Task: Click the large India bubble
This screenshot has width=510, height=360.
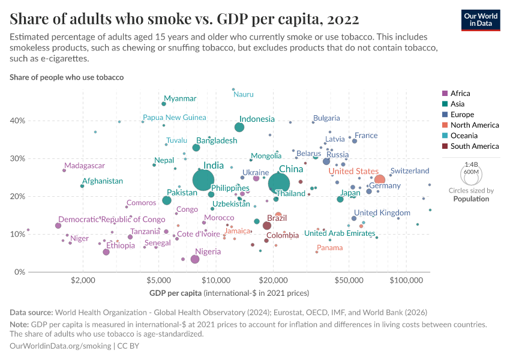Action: click(x=205, y=179)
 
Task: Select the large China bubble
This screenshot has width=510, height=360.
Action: click(x=280, y=184)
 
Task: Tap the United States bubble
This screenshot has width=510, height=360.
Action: click(x=379, y=179)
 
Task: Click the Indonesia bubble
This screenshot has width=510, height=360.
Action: click(x=239, y=127)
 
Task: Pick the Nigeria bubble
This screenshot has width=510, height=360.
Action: click(x=195, y=259)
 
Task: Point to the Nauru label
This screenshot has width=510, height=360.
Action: click(x=244, y=94)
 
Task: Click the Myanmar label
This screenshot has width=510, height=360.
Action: click(x=180, y=98)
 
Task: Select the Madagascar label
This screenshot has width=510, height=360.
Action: click(x=85, y=166)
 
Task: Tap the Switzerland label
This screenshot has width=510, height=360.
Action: click(x=410, y=171)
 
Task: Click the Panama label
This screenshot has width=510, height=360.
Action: click(x=330, y=248)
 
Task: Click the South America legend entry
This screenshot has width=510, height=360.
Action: click(x=474, y=146)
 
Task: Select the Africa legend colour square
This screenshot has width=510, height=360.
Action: click(x=444, y=94)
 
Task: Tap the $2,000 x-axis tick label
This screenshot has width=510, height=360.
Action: click(x=84, y=280)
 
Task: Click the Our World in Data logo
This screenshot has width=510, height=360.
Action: click(x=481, y=19)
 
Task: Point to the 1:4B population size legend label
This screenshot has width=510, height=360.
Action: click(x=471, y=164)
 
